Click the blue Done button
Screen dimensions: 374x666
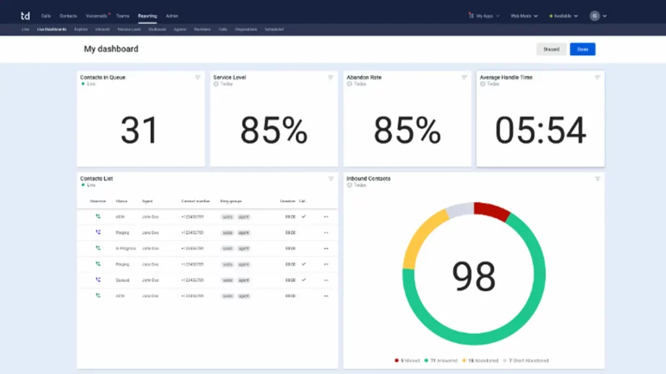click(x=582, y=49)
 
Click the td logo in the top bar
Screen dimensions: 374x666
click(x=25, y=16)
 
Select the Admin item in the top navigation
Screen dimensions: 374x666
click(x=172, y=16)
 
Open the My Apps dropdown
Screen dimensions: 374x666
click(x=484, y=16)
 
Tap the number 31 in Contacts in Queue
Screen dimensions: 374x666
click(x=139, y=131)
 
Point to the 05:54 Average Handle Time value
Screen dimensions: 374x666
click(x=540, y=131)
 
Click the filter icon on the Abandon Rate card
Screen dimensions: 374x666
click(x=464, y=77)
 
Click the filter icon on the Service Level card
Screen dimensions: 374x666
click(x=331, y=77)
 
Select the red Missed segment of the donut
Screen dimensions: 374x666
click(x=492, y=212)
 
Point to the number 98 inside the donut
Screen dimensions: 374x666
click(x=474, y=276)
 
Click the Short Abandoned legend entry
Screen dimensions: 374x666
click(x=528, y=360)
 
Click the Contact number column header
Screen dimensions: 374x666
click(x=193, y=201)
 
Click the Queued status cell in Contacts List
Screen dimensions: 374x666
click(x=123, y=280)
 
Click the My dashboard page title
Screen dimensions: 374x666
click(x=111, y=49)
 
